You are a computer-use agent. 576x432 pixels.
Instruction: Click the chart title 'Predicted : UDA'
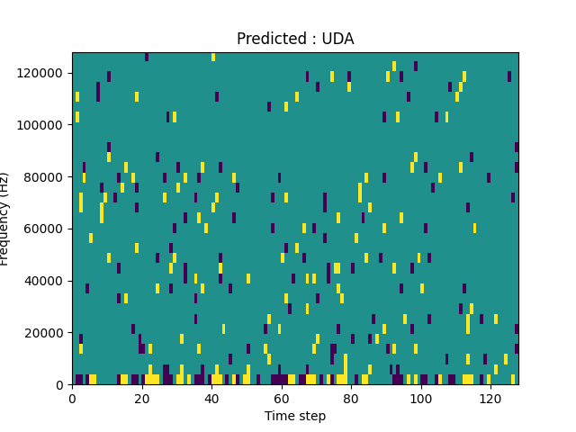pos(295,39)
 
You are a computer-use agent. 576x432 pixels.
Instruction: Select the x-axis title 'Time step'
pos(295,416)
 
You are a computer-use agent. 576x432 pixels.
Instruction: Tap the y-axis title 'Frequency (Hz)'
pos(5,219)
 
